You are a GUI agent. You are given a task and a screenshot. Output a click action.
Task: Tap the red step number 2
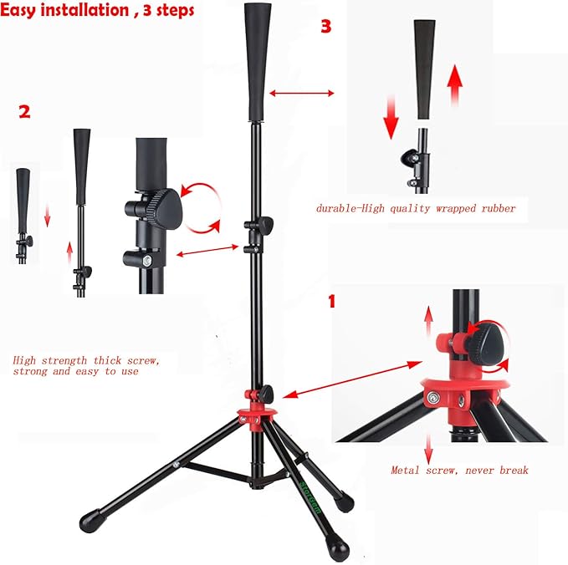pyautogui.click(x=24, y=111)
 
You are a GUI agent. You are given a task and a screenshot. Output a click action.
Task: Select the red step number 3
pyautogui.click(x=325, y=26)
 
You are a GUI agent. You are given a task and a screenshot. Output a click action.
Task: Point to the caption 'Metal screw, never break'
pyautogui.click(x=459, y=470)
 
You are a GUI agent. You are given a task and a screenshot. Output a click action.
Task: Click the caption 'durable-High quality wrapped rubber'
pyautogui.click(x=416, y=208)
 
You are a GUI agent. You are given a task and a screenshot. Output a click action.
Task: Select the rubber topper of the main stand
pyautogui.click(x=258, y=64)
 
